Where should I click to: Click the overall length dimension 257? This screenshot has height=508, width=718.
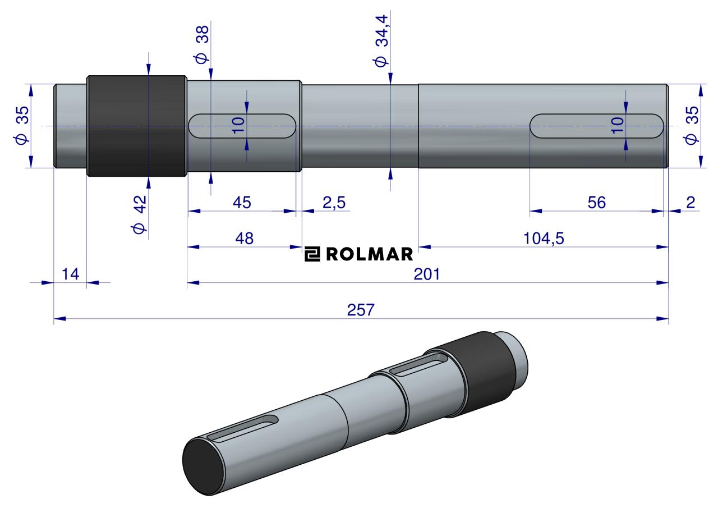click(361, 310)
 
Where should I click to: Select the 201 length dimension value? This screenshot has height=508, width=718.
click(427, 274)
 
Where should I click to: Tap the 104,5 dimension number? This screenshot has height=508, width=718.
click(544, 239)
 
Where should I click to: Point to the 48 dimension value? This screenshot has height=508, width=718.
click(244, 239)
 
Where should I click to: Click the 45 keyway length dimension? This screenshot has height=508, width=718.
click(242, 203)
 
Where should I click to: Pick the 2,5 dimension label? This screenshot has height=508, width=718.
click(334, 203)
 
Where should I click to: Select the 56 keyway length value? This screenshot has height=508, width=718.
click(596, 203)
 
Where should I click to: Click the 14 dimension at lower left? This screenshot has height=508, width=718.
click(70, 274)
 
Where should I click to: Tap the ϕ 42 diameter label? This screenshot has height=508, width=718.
click(139, 214)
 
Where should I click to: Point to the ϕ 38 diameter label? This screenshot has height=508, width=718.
click(202, 44)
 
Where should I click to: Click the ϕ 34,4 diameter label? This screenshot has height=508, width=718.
click(381, 41)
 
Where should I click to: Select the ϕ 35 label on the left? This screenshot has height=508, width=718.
click(21, 126)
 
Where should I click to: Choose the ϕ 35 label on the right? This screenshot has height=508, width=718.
click(691, 126)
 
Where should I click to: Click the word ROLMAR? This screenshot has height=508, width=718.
click(369, 254)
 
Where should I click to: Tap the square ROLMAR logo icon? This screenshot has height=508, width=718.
click(312, 254)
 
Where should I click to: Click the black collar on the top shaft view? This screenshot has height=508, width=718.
click(137, 126)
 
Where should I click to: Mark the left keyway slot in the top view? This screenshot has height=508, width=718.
click(242, 126)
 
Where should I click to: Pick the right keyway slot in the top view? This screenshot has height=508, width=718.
click(596, 126)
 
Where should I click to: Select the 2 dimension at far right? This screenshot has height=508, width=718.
click(691, 203)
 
